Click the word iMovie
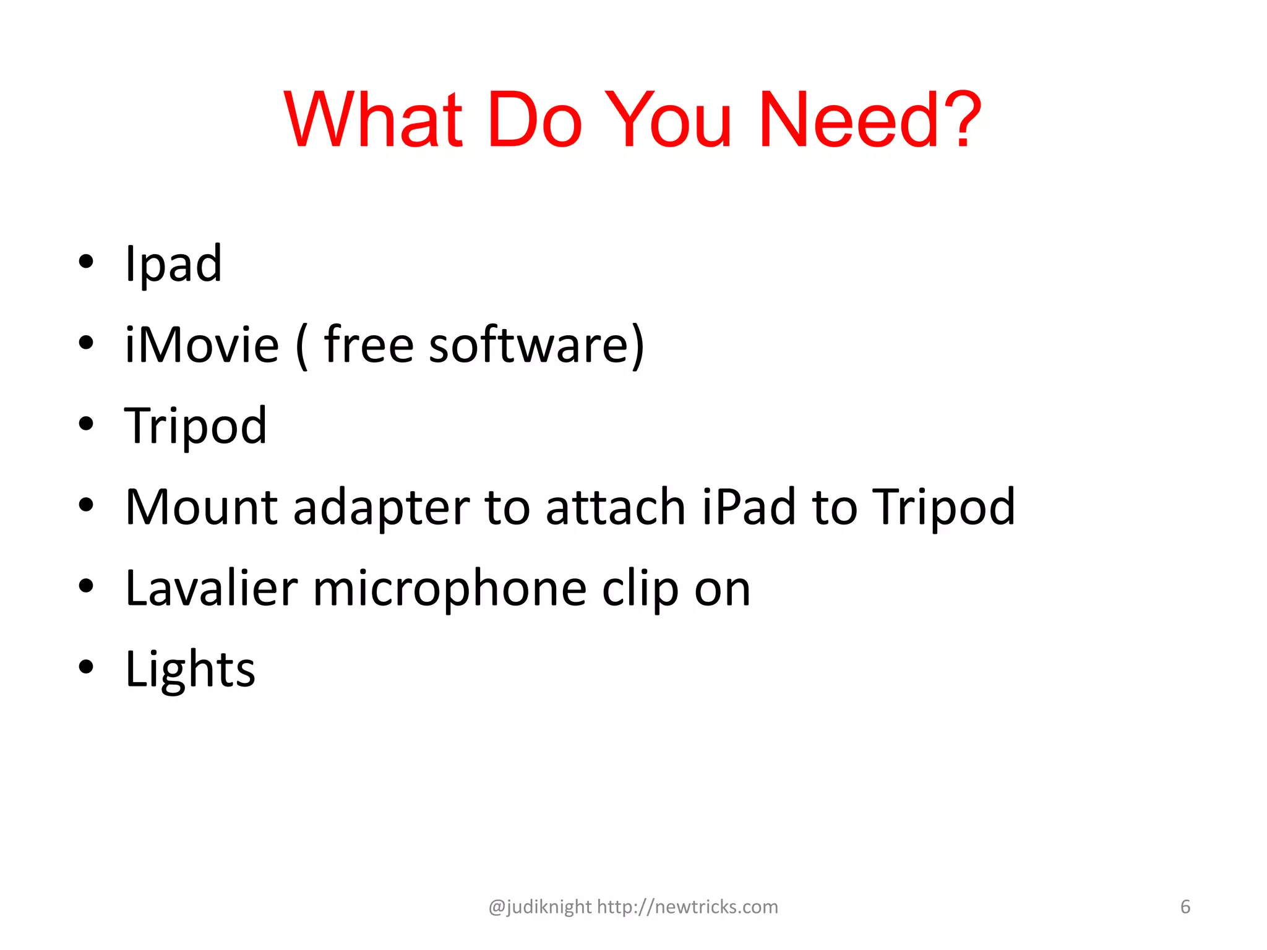[202, 344]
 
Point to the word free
[369, 344]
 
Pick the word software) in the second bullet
[537, 344]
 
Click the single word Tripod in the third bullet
[195, 426]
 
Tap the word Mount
[202, 507]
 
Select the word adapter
[381, 507]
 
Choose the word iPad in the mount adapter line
[748, 507]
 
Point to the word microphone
[450, 588]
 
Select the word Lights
[190, 669]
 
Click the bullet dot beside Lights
[86, 667]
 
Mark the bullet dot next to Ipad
[86, 262]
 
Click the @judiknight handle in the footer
[540, 907]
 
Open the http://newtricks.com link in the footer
[687, 907]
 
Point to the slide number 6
[1185, 907]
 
